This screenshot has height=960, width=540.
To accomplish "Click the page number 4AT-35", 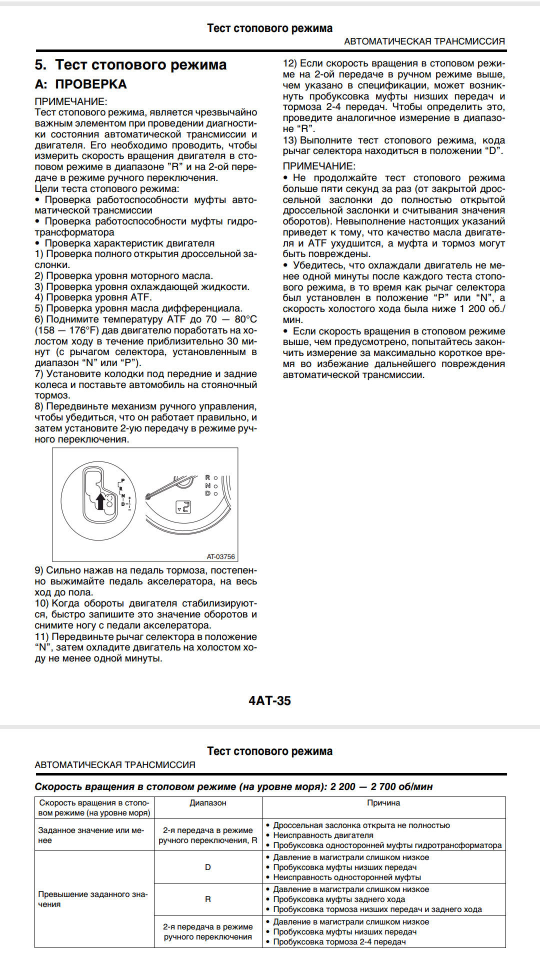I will tap(269, 700).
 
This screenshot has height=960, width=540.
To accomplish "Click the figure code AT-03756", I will tap(220, 556).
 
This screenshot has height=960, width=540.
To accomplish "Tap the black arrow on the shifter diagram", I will tap(100, 501).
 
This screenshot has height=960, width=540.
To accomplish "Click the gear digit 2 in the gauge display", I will tap(185, 507).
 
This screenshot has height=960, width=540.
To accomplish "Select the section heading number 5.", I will tap(40, 65).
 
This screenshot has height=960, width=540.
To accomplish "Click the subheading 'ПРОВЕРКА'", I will tap(90, 84).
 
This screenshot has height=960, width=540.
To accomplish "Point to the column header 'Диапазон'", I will tap(208, 803).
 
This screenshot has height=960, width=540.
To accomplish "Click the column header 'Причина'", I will tap(383, 803).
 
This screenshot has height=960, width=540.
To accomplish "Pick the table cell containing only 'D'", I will tap(208, 867).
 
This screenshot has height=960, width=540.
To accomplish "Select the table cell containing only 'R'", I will tap(208, 899).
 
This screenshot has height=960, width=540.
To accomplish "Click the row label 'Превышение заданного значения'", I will tap(93, 899).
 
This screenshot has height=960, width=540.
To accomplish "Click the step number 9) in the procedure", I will tap(39, 570).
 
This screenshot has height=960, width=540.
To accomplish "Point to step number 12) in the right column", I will tap(290, 63).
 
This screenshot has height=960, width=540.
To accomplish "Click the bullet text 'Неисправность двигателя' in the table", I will tap(323, 835).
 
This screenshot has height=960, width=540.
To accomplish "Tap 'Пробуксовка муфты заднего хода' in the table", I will tap(339, 899).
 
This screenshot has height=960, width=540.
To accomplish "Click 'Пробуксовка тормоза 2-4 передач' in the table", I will tap(339, 941).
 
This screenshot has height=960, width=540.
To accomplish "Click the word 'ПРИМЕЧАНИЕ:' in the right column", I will tap(319, 166).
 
